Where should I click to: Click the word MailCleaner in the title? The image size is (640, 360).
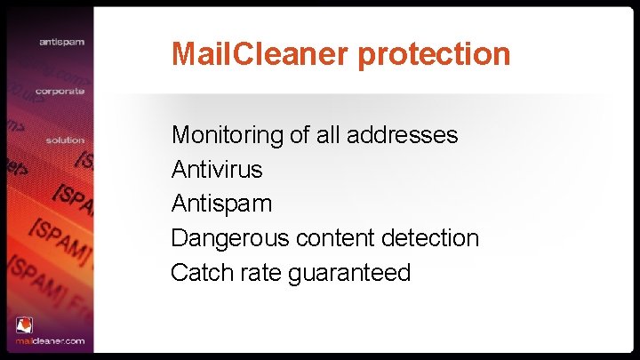pyautogui.click(x=261, y=53)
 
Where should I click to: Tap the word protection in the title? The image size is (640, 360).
pyautogui.click(x=435, y=55)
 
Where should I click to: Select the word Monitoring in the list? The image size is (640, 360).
pyautogui.click(x=226, y=136)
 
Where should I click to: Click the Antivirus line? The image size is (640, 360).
pyautogui.click(x=217, y=169)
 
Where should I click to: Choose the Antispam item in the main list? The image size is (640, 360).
pyautogui.click(x=221, y=204)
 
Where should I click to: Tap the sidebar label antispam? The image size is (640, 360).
pyautogui.click(x=61, y=42)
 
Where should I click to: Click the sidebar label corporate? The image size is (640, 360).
pyautogui.click(x=60, y=91)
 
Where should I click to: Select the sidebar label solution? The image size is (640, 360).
pyautogui.click(x=65, y=140)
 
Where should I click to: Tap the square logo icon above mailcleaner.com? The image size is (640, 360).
pyautogui.click(x=24, y=325)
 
